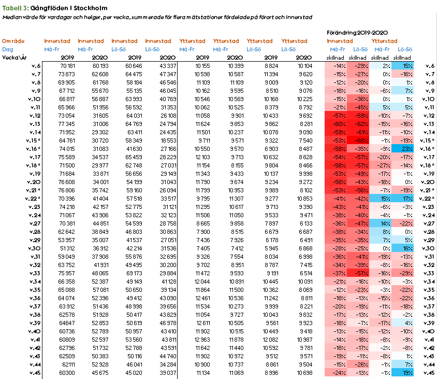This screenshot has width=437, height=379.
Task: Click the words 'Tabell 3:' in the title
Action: coord(15,8)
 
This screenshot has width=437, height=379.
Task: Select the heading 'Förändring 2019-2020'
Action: coord(357,33)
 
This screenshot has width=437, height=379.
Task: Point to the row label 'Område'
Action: coord(13,41)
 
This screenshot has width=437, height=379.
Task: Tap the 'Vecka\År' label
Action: coord(14,58)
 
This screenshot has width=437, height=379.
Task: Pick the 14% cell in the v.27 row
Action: coord(381,223)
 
